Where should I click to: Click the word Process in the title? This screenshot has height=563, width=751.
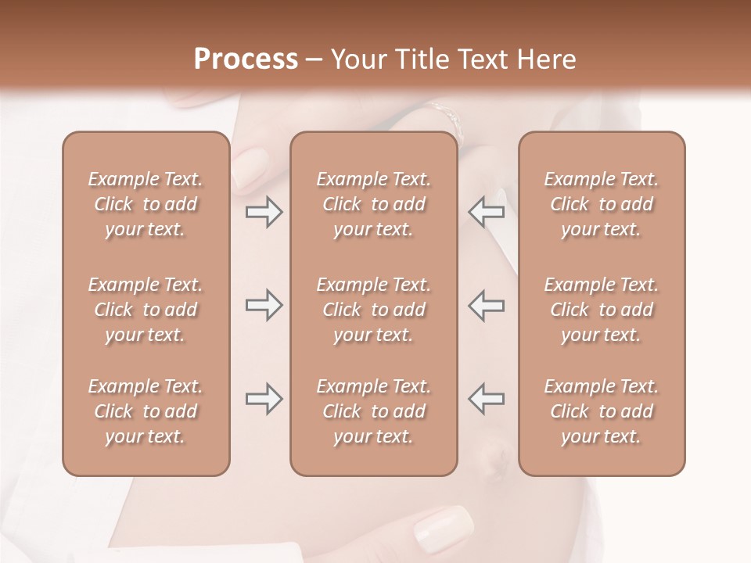(x=246, y=59)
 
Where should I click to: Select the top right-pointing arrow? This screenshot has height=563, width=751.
(x=264, y=213)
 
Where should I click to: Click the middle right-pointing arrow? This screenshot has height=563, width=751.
(x=264, y=306)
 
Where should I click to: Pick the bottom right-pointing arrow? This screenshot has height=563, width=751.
(x=264, y=399)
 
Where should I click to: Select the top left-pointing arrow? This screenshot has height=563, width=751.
(x=487, y=213)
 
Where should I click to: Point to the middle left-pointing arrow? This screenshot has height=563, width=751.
(x=487, y=306)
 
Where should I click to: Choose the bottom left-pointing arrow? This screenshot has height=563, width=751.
(x=487, y=399)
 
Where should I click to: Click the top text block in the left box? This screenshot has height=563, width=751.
(x=146, y=204)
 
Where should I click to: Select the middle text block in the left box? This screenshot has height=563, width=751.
(x=146, y=310)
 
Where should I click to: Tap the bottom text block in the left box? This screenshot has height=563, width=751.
(x=146, y=411)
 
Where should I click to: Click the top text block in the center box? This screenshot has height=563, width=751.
(x=374, y=204)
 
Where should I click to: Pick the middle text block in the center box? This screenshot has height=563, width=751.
(x=374, y=310)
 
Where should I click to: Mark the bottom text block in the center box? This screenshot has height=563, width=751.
(x=374, y=411)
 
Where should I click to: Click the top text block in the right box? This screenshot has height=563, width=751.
(x=602, y=204)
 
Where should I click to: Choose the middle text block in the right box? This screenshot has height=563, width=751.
(x=602, y=310)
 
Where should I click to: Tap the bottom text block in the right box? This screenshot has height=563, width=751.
(x=602, y=411)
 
